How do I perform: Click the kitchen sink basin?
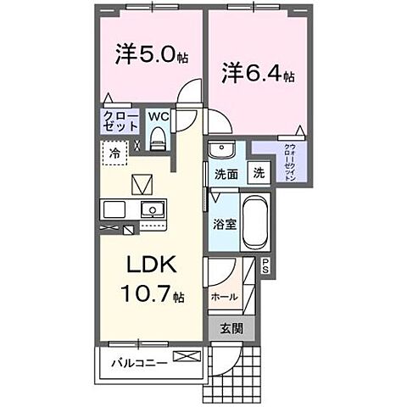pos(154,209)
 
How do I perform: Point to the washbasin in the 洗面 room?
pos(220,150)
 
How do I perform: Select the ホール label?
pos(224,296)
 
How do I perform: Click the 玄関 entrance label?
pos(229,329)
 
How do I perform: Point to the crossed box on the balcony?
pos(184,356)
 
